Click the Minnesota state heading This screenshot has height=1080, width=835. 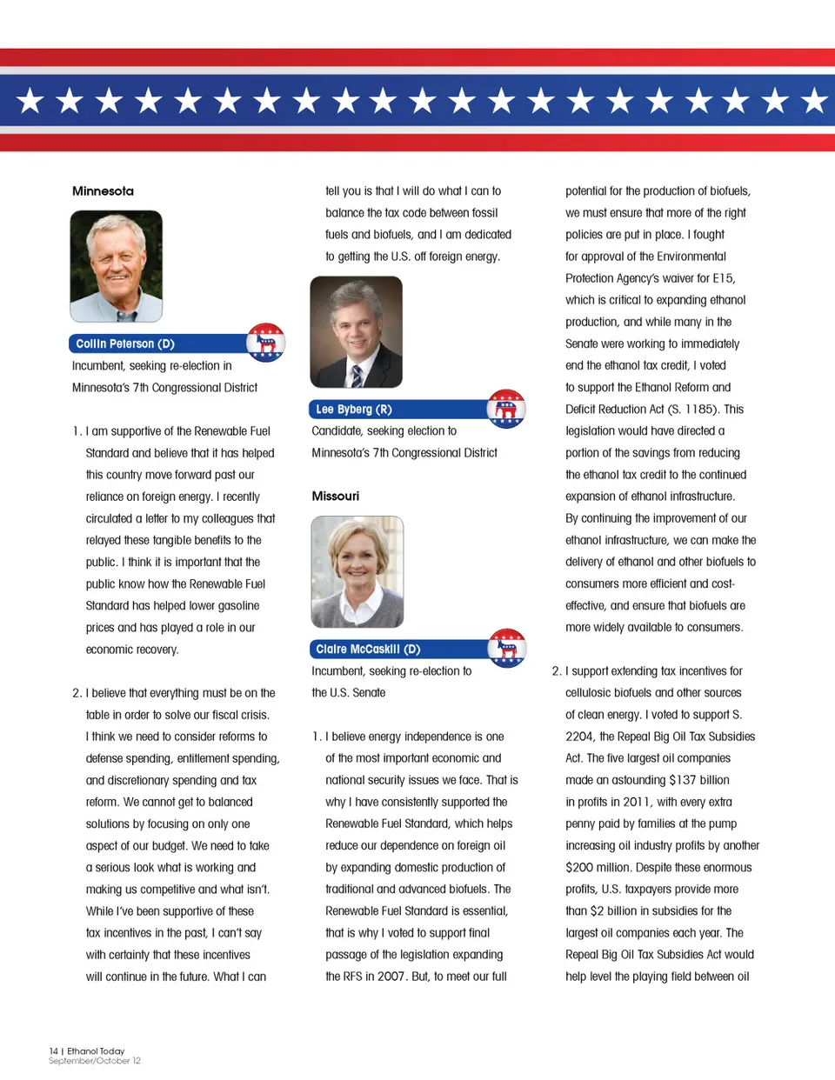(103, 191)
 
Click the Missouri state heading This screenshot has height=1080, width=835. (335, 497)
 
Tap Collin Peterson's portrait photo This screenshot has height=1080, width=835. (116, 265)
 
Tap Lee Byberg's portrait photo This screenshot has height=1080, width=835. (356, 331)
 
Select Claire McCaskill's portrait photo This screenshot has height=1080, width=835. (357, 571)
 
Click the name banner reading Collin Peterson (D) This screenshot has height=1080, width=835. (157, 344)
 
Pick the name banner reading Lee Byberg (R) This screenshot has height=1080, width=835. (396, 410)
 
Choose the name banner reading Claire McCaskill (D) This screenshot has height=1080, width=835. (396, 650)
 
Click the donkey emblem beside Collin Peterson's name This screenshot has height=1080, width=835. (265, 343)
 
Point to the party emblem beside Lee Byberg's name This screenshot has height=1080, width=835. (505, 409)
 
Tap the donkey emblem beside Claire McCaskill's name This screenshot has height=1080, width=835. (506, 648)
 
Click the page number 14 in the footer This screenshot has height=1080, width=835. (53, 1051)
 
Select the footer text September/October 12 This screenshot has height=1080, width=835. (94, 1061)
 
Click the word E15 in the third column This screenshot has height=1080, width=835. (723, 278)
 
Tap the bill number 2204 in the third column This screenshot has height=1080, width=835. (578, 737)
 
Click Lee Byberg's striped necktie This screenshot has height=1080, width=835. (357, 376)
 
